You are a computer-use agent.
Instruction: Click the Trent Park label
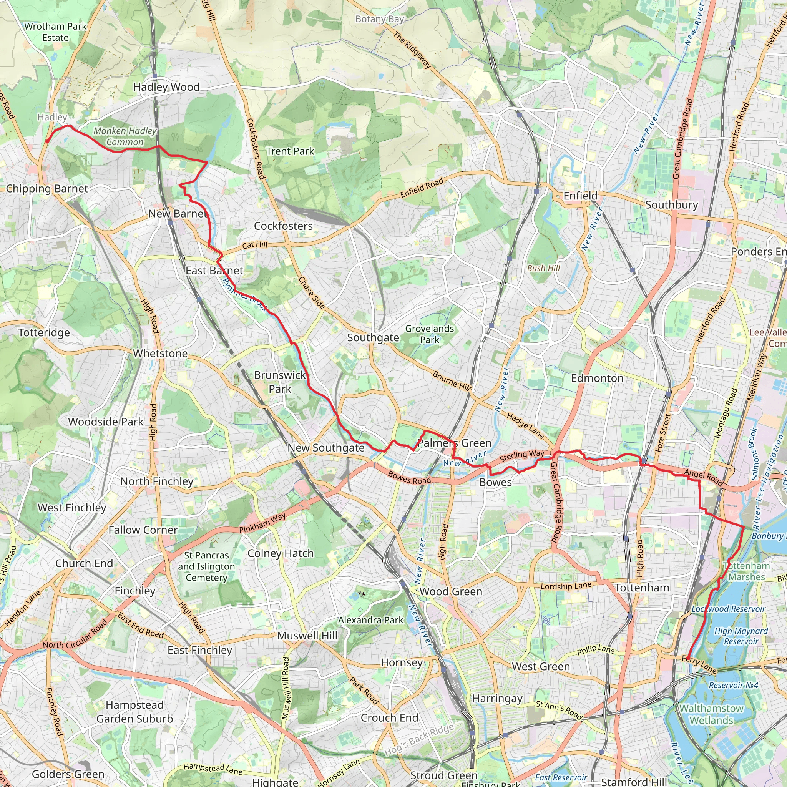click(290, 151)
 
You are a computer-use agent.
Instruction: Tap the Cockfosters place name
click(283, 226)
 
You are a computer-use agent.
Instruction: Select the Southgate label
click(373, 338)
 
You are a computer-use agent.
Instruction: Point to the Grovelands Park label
click(429, 334)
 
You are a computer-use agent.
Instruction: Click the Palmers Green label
click(454, 443)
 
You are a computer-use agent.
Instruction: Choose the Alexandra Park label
click(371, 620)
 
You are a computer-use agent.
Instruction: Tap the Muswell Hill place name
click(307, 636)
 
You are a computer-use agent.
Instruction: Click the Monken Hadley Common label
click(125, 136)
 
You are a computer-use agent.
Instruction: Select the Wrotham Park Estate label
click(55, 32)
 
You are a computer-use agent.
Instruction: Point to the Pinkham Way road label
click(262, 523)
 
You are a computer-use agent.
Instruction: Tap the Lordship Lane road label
click(566, 586)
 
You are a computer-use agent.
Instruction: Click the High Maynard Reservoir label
click(741, 636)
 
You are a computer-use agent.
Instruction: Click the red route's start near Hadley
click(47, 141)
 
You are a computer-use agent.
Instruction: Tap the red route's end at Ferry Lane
click(688, 658)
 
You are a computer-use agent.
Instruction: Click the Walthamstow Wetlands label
click(711, 714)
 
